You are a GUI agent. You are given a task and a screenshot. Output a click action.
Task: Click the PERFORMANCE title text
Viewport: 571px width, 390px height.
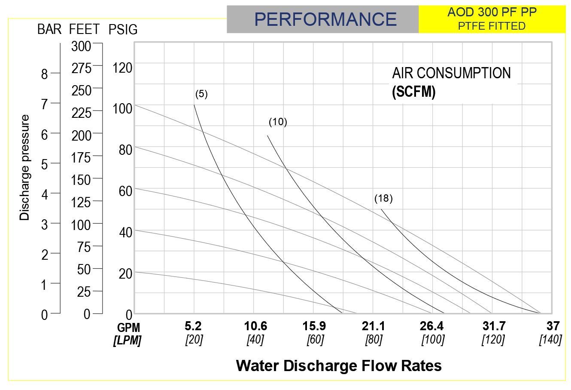pos(325,19)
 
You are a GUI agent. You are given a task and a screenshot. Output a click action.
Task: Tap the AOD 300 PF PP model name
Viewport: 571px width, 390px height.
pos(492,12)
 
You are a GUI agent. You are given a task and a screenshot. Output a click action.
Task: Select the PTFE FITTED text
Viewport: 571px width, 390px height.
pos(492,26)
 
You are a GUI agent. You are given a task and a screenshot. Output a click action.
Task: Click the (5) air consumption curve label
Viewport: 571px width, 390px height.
pos(201,94)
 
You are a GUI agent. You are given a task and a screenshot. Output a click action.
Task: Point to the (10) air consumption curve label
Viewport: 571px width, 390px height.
pos(278,122)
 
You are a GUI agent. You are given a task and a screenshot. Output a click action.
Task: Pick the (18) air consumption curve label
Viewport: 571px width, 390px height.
pos(383,198)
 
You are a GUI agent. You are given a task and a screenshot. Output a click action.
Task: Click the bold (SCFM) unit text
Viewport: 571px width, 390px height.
pos(413,92)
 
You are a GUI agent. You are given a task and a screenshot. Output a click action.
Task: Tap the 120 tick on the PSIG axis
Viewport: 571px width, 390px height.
pos(122,68)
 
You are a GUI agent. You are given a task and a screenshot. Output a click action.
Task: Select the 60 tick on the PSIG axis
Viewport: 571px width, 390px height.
pos(125,191)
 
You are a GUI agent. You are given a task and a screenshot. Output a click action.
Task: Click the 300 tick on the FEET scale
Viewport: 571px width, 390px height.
pos(81,46)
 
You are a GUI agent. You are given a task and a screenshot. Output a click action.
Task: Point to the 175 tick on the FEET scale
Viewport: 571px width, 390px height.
pos(81,157)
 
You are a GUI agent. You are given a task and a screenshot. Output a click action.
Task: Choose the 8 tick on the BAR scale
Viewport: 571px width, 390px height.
pos(45,74)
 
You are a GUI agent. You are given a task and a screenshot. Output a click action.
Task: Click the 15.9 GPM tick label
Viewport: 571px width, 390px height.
pos(314,326)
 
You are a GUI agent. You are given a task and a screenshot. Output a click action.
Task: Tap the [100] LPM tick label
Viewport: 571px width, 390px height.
pos(433,340)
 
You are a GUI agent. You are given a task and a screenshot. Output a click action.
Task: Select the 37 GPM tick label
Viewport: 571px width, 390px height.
pos(553,326)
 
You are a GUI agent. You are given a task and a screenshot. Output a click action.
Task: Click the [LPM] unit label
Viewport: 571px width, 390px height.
pos(128,341)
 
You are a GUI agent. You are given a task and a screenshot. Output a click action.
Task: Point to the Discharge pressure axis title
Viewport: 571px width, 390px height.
pos(25,168)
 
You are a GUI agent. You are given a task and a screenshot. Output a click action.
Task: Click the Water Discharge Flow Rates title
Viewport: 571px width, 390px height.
pos(339,365)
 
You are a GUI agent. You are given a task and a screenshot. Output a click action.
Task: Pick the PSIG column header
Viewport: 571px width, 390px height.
pos(123,29)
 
